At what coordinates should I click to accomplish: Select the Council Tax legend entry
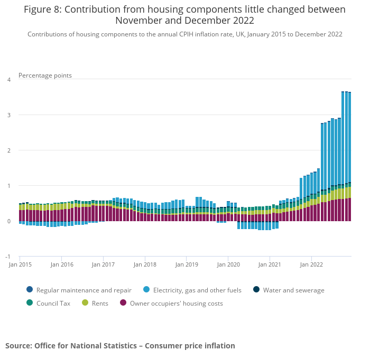tap(53, 304)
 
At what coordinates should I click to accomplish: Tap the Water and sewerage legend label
tap(293, 290)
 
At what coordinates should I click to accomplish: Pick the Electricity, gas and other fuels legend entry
tap(197, 290)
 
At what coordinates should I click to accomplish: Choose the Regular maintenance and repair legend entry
tap(84, 290)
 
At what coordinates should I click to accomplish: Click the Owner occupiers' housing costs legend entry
tap(176, 304)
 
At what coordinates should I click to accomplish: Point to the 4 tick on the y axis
tap(8, 80)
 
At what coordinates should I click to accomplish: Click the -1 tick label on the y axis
tap(8, 257)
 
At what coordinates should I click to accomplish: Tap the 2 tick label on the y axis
tap(8, 150)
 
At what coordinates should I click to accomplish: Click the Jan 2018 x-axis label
tap(145, 264)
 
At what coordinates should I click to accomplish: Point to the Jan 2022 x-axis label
tap(311, 264)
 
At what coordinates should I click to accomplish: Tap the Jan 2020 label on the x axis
tap(228, 264)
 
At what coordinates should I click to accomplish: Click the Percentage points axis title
tap(45, 75)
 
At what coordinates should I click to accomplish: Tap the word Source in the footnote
tap(18, 346)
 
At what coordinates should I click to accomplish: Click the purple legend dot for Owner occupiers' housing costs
tap(123, 303)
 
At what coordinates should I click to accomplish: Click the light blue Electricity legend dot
tap(146, 289)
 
